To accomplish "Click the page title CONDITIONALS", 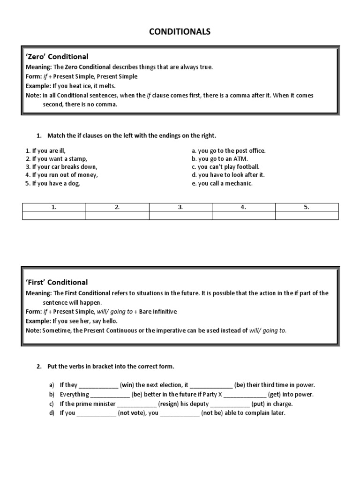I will pyautogui.click(x=180, y=32).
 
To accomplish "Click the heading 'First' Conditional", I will pyautogui.click(x=56, y=282).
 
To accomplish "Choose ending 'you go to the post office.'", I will pyautogui.click(x=229, y=150).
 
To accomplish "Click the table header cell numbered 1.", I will pyautogui.click(x=54, y=207).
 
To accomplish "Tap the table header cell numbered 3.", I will pyautogui.click(x=180, y=207).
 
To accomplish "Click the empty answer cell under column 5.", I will pyautogui.click(x=307, y=215).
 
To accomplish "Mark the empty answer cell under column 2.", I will pyautogui.click(x=117, y=215).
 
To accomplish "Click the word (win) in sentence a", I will pyautogui.click(x=127, y=385).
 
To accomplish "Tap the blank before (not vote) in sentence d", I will pyautogui.click(x=96, y=413).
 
